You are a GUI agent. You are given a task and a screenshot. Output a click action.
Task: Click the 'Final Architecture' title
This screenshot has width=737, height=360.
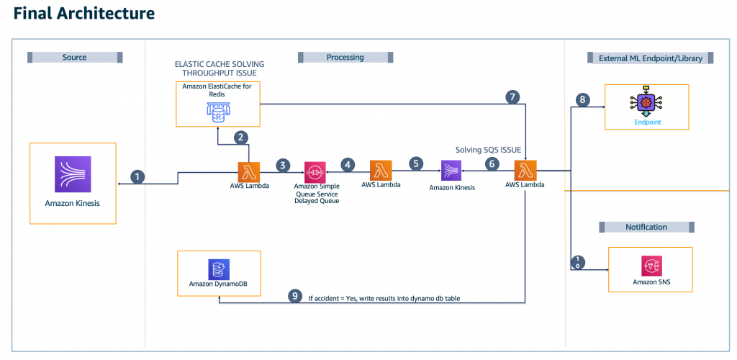(84, 14)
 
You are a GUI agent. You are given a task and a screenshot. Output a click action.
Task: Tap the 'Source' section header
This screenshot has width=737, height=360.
(75, 57)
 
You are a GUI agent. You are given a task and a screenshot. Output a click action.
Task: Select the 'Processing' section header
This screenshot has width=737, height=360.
(345, 57)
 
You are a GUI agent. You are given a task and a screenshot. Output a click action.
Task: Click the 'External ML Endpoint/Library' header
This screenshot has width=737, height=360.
(650, 58)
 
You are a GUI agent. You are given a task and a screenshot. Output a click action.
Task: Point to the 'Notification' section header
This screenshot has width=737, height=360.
(647, 227)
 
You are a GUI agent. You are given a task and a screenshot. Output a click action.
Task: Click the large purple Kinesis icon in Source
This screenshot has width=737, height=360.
(72, 175)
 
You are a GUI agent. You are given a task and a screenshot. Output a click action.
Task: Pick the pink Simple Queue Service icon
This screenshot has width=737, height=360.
(315, 171)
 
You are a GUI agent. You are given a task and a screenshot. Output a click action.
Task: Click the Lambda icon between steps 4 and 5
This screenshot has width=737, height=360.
(381, 171)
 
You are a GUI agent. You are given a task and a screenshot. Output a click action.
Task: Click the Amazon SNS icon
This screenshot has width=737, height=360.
(650, 265)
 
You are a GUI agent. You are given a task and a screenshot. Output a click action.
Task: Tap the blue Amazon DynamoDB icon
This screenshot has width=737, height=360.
(218, 269)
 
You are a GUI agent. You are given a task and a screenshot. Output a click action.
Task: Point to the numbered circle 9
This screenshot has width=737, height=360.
(294, 296)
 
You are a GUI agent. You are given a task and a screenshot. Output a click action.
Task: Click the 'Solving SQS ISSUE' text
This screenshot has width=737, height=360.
(487, 149)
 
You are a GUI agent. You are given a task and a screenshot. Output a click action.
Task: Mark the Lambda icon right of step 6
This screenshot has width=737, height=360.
(525, 171)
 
